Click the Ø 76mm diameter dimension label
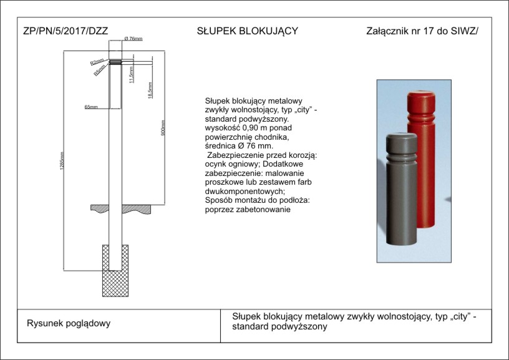[133, 39]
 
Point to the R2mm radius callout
[97, 62]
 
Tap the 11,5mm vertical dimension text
[131, 75]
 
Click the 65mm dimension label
[91, 107]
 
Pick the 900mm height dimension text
[163, 128]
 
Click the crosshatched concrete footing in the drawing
[115, 270]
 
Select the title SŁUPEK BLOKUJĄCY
[247, 31]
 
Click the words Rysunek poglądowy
[69, 323]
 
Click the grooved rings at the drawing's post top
[115, 61]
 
